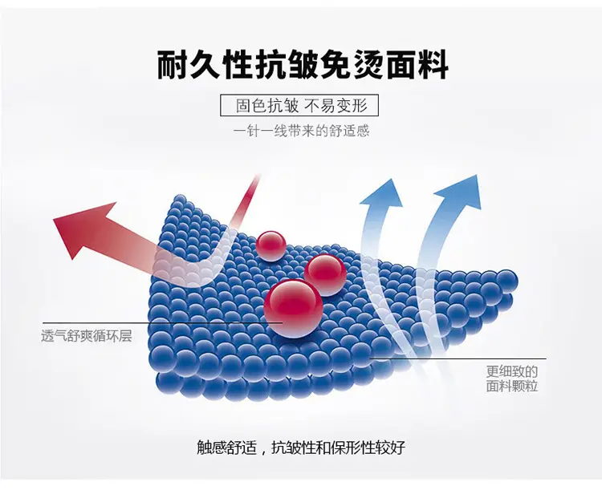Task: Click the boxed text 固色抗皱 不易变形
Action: [302, 106]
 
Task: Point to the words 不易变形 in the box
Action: [336, 106]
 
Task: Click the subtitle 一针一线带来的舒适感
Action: [301, 131]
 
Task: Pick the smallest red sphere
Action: [271, 246]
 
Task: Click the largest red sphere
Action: [293, 308]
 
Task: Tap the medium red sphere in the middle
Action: [325, 275]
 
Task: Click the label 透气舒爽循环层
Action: [87, 337]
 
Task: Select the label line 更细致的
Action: [512, 371]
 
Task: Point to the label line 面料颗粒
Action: [512, 386]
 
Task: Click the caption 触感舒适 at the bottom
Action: [226, 447]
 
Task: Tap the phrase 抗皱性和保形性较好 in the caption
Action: [338, 447]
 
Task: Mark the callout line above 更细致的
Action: [458, 358]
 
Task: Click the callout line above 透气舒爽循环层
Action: [162, 323]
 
